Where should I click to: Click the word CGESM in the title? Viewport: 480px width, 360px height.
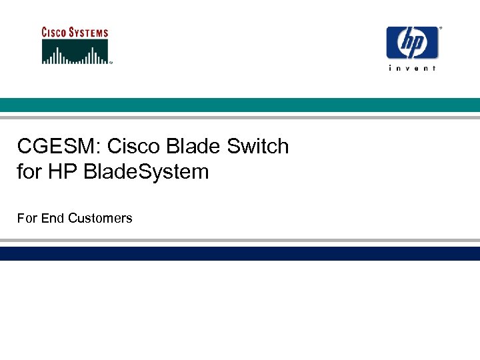[x=57, y=146]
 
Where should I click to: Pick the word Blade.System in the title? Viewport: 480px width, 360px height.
[x=147, y=172]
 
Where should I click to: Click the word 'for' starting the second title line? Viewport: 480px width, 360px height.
[x=29, y=172]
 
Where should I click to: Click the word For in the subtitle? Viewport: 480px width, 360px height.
[x=27, y=218]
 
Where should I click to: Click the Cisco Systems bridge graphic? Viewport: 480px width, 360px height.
[x=75, y=52]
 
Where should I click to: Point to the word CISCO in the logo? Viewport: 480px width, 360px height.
[x=56, y=32]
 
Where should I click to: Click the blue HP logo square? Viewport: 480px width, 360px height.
[x=413, y=43]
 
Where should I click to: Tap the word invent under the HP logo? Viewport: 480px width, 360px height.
[x=413, y=69]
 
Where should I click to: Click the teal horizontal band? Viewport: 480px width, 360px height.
[x=240, y=105]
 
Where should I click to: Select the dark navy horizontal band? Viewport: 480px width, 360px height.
[x=240, y=253]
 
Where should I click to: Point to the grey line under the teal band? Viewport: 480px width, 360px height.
[x=240, y=117]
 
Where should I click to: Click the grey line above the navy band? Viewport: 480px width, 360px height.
[x=240, y=241]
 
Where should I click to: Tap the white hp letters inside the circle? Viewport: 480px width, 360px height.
[x=413, y=43]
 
